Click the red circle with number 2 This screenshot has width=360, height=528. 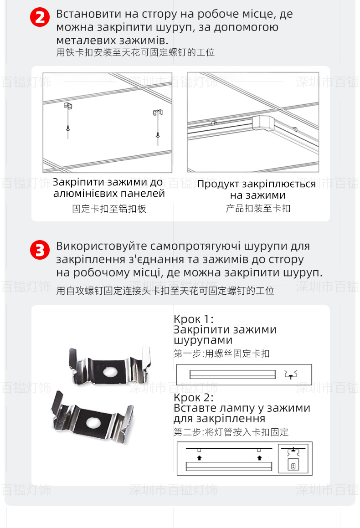[x=40, y=18]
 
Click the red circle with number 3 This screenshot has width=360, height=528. [x=40, y=250]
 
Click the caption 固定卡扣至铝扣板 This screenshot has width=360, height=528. [x=109, y=209]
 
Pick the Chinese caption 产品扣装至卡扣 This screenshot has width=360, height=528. [x=258, y=209]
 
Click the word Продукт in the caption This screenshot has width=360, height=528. [x=218, y=185]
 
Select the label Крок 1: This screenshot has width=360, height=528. [x=194, y=319]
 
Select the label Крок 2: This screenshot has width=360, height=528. [x=194, y=397]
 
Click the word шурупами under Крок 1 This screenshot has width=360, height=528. [x=203, y=340]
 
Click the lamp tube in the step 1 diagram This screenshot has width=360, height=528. [x=233, y=374]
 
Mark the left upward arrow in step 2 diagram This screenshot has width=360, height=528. [x=199, y=456]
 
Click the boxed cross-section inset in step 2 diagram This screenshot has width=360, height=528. [x=294, y=458]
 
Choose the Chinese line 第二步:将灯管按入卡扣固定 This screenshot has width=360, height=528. [x=231, y=432]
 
